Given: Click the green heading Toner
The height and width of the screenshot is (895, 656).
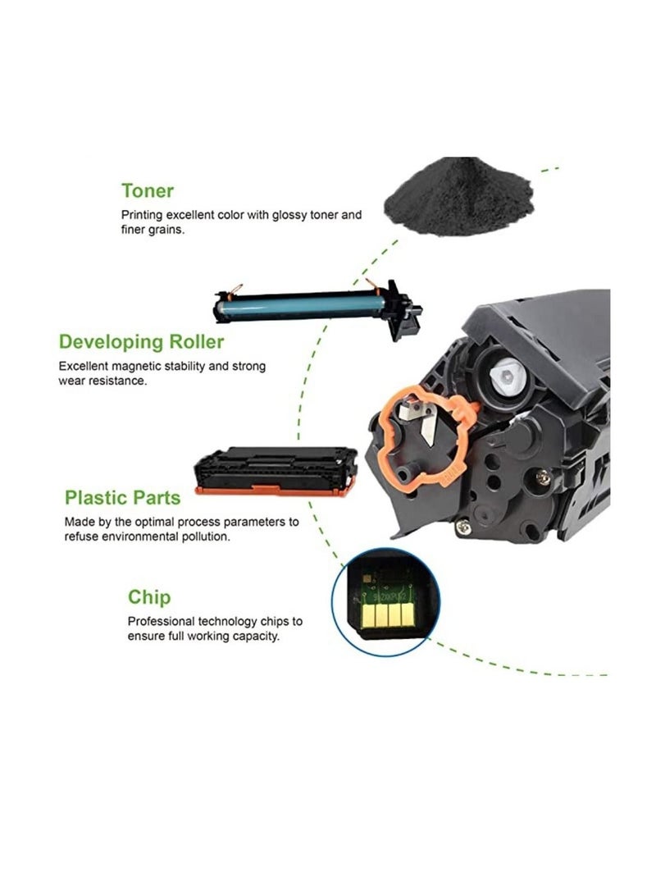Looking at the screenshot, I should tap(148, 191).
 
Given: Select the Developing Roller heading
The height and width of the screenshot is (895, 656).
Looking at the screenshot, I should tap(140, 341).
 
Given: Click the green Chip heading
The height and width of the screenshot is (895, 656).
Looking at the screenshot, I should tap(149, 597).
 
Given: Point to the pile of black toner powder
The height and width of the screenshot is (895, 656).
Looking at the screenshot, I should tap(460, 197).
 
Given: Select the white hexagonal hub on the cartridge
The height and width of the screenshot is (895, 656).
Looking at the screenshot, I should tap(501, 378).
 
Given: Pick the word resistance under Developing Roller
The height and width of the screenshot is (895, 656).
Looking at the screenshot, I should tap(119, 381).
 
